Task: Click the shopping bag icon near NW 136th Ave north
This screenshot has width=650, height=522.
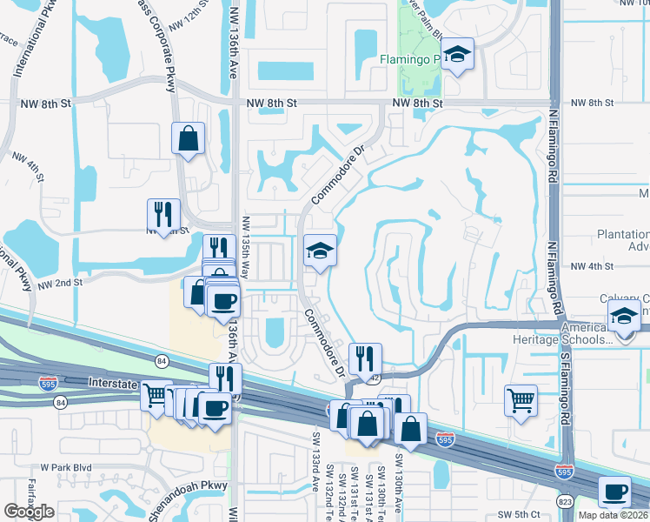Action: (188, 137)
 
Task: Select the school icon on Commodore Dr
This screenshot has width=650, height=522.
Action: (319, 251)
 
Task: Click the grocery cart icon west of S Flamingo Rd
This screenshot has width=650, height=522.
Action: (521, 401)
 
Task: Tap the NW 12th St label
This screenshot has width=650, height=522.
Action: (189, 20)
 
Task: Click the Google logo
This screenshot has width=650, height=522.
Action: (30, 512)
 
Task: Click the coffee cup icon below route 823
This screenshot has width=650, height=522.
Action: (615, 492)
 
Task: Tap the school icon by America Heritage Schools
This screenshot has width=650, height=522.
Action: (625, 316)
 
